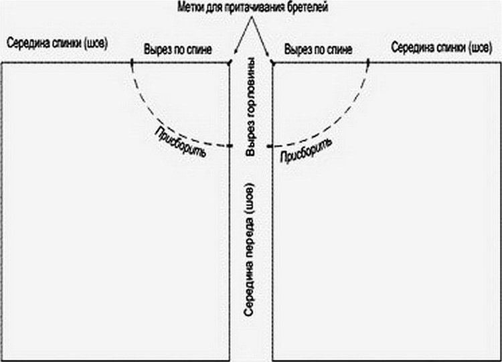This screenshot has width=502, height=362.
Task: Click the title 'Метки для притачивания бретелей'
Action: pyautogui.click(x=252, y=7)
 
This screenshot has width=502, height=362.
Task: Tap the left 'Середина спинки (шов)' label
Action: pyautogui.click(x=57, y=43)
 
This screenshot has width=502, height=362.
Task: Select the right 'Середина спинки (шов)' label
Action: pyautogui.click(x=442, y=48)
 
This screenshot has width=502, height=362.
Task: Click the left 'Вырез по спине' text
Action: pyautogui.click(x=177, y=50)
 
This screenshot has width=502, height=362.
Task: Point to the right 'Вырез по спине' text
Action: pyautogui.click(x=318, y=50)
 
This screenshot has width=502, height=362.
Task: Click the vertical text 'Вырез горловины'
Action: pyautogui.click(x=250, y=106)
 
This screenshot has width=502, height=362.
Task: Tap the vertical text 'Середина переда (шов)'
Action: pyautogui.click(x=249, y=250)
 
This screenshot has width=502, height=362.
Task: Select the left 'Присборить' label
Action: pyautogui.click(x=179, y=142)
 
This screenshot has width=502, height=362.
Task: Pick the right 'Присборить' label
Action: pyautogui.click(x=306, y=151)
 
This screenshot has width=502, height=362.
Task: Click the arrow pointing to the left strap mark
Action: pyautogui.click(x=243, y=35)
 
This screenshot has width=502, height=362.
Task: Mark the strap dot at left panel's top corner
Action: pyautogui.click(x=229, y=63)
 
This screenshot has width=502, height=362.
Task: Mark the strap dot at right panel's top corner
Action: pyautogui.click(x=272, y=63)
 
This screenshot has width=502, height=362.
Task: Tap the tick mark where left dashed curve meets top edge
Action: pyautogui.click(x=132, y=63)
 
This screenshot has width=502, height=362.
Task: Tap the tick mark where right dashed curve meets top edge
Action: pyautogui.click(x=368, y=63)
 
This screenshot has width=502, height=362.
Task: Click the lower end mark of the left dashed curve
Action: pyautogui.click(x=230, y=146)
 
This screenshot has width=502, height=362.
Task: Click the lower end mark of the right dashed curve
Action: pyautogui.click(x=270, y=147)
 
